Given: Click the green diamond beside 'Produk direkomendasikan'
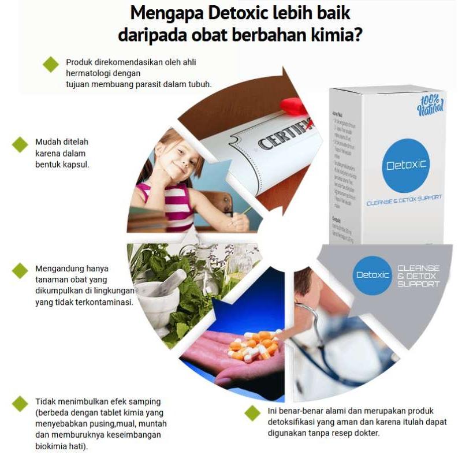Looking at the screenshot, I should (51, 64).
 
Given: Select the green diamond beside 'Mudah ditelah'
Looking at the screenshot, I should (20, 144).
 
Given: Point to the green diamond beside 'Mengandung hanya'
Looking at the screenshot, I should (20, 270).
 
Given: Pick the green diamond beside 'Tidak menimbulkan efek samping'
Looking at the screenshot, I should (20, 403).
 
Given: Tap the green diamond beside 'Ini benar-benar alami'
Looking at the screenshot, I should (252, 412).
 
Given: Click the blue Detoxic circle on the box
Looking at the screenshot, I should (406, 165).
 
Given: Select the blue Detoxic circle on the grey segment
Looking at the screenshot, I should (372, 275).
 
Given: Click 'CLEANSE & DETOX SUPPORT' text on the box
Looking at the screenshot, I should (404, 198).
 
